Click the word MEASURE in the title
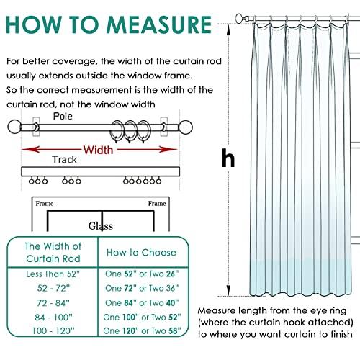point(159,24)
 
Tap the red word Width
point(98,150)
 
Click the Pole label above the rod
point(63,117)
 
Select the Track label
point(64,160)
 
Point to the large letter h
point(228,158)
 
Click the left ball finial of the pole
point(14,127)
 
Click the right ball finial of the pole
point(186,127)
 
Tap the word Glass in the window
point(101,226)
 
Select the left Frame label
point(45,204)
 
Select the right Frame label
point(157,204)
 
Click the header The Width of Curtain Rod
point(53,253)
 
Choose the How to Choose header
point(141,253)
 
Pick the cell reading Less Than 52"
point(53,274)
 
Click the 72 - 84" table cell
point(53,303)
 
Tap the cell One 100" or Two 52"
point(142,318)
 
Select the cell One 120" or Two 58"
point(142,331)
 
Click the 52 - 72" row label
point(53,288)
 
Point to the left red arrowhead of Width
point(30,150)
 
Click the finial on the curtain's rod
point(239,19)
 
